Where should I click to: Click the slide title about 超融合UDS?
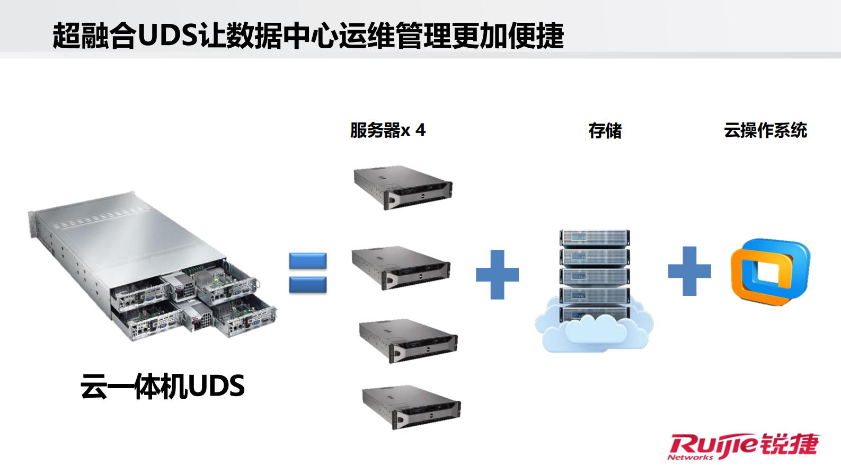307,36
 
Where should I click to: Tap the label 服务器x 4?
387,130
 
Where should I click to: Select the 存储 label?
605,130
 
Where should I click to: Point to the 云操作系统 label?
765,130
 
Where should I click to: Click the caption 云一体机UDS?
162,386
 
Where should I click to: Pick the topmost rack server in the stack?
403,187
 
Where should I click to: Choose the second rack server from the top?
401,267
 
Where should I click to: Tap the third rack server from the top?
408,340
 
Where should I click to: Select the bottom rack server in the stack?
411,407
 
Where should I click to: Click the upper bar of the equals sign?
308,260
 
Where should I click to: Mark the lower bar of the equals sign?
308,285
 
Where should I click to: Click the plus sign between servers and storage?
497,274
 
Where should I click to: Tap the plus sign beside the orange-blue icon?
689,270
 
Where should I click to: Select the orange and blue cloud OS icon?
770,271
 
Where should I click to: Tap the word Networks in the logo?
690,457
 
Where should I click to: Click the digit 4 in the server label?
420,130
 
